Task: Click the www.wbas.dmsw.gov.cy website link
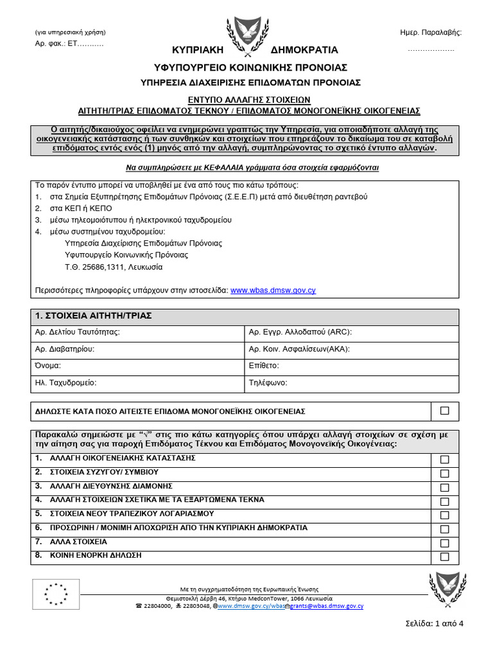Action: point(273,290)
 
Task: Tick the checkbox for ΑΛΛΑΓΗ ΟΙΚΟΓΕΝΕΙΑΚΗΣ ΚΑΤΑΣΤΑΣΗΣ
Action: point(444,460)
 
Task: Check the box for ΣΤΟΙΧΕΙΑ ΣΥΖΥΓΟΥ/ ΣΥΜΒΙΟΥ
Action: point(444,474)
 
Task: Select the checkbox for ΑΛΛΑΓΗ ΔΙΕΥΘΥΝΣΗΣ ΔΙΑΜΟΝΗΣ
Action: point(444,488)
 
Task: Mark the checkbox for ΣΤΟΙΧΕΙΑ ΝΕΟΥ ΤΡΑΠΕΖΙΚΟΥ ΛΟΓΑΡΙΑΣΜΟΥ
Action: point(444,515)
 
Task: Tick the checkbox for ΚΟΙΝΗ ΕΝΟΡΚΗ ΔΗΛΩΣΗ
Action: point(444,557)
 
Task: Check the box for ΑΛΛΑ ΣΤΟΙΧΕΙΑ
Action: point(444,544)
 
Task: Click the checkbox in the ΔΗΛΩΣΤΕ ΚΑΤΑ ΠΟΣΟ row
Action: point(444,411)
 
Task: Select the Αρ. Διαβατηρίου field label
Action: point(65,349)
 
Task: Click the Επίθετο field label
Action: point(264,366)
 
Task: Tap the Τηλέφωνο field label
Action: point(268,382)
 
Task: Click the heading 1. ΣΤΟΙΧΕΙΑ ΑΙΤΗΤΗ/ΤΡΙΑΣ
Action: point(93,316)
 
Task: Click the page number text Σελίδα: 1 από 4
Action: point(435,622)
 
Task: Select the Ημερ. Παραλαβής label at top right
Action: point(430,32)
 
